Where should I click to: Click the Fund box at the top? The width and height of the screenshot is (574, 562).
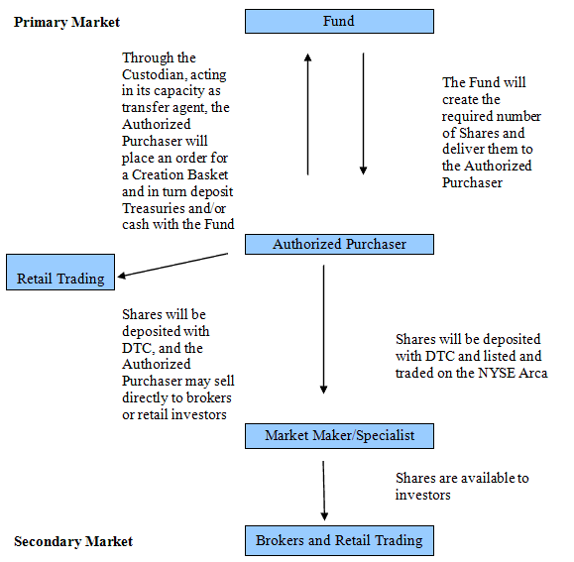[339, 22]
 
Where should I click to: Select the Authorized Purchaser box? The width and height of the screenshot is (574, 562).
[339, 244]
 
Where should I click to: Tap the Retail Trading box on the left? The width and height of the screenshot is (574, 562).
[60, 273]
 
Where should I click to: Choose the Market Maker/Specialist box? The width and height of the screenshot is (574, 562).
[339, 436]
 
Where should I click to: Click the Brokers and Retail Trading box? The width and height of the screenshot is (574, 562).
[339, 541]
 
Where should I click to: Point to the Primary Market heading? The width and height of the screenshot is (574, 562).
[66, 23]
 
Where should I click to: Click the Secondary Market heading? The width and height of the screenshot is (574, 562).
[73, 541]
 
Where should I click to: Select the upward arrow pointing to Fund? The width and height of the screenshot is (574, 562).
[308, 114]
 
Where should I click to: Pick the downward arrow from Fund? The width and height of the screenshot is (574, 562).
[363, 114]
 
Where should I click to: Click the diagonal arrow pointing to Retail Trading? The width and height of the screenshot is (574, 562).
[172, 265]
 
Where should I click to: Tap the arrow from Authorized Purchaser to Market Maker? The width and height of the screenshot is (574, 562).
[323, 329]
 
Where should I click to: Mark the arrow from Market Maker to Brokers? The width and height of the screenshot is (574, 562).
[323, 491]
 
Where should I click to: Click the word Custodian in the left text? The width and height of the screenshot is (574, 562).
[154, 74]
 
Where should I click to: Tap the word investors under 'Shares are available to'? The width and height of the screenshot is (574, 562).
[422, 495]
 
